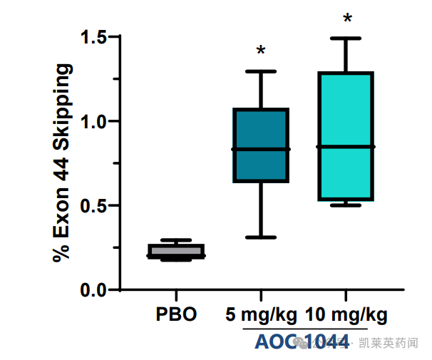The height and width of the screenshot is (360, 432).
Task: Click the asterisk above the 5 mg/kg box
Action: click(x=261, y=51)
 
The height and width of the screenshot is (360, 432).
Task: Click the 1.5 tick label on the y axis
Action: click(x=93, y=37)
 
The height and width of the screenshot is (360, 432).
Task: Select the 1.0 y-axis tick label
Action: click(x=93, y=121)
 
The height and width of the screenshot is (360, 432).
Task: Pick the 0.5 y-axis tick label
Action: click(x=93, y=205)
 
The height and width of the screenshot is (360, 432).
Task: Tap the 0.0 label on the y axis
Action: click(x=93, y=290)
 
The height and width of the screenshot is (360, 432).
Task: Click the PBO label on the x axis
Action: click(x=176, y=314)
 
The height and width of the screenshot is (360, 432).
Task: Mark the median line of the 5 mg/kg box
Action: click(x=261, y=149)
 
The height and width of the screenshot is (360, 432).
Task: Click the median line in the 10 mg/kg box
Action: click(x=346, y=146)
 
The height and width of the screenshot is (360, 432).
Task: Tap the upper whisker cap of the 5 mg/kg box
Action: click(x=261, y=71)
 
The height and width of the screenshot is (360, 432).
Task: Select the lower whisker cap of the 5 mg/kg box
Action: click(x=261, y=237)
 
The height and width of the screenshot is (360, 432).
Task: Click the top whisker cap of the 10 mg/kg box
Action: click(x=346, y=38)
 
